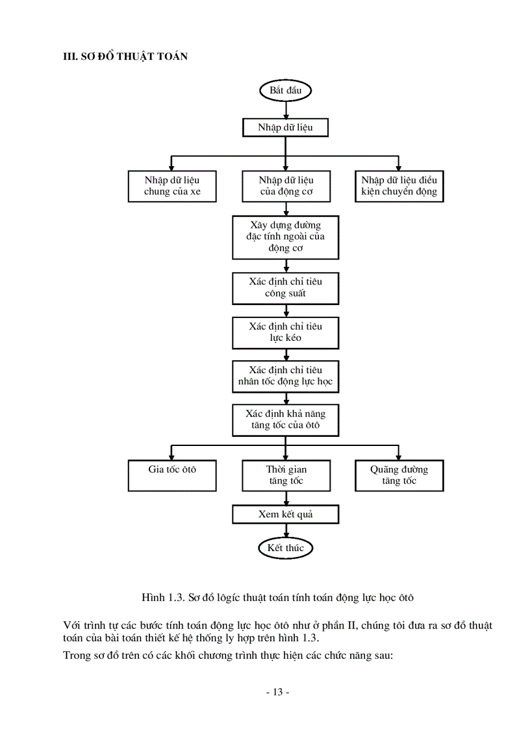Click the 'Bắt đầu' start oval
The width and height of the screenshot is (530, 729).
click(x=285, y=91)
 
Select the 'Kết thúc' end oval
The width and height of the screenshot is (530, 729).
click(x=285, y=548)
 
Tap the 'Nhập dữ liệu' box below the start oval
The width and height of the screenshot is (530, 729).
click(x=285, y=128)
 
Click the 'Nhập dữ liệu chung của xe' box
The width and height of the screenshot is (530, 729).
click(x=172, y=186)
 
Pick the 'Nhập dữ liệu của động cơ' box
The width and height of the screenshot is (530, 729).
click(x=285, y=186)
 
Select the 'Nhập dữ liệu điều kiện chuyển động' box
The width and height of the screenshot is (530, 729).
click(x=399, y=186)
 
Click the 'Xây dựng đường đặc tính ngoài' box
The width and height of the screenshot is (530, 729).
click(x=285, y=237)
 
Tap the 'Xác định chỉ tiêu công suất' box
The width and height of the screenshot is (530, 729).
click(x=285, y=288)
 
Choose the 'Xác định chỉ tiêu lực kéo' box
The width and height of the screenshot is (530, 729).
click(x=285, y=332)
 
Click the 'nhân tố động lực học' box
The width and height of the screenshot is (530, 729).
click(x=285, y=377)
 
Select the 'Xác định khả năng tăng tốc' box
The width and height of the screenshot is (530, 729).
click(x=285, y=420)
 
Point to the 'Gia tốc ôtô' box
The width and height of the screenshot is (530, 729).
click(x=172, y=475)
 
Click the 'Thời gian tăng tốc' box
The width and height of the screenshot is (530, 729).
click(x=285, y=475)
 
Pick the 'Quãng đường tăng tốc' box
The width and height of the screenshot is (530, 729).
click(x=399, y=475)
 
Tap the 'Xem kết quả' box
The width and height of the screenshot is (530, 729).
click(x=285, y=515)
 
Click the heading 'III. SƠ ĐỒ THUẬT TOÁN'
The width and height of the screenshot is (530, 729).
click(x=125, y=56)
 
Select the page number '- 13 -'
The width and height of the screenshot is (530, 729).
click(x=278, y=692)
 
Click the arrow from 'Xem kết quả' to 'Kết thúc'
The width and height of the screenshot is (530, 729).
click(x=285, y=530)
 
